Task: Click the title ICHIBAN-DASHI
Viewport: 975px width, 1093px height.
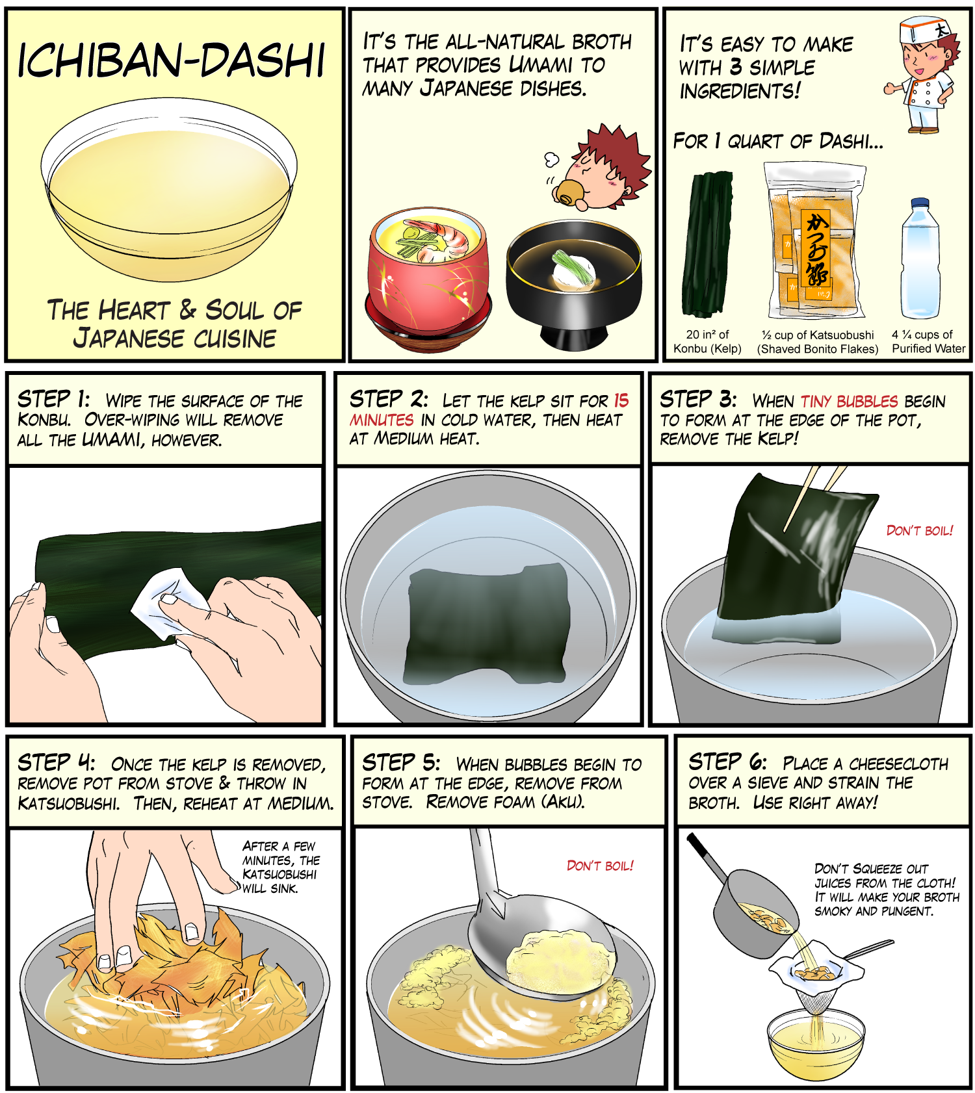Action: coord(171,62)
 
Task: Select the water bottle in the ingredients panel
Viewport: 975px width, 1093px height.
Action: coord(920,258)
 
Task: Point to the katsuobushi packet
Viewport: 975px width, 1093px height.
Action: coord(815,240)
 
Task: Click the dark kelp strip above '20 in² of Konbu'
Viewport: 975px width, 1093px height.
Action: coord(707,244)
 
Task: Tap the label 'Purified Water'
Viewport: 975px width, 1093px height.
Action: coord(928,349)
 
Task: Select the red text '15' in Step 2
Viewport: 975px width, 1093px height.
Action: coord(621,400)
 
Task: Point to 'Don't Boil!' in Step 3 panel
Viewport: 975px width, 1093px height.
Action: coord(920,531)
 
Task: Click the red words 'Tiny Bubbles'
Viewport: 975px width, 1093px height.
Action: coord(849,401)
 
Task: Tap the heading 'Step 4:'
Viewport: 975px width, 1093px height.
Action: coord(57,762)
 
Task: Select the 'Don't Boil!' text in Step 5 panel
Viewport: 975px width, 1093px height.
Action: coord(600,866)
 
